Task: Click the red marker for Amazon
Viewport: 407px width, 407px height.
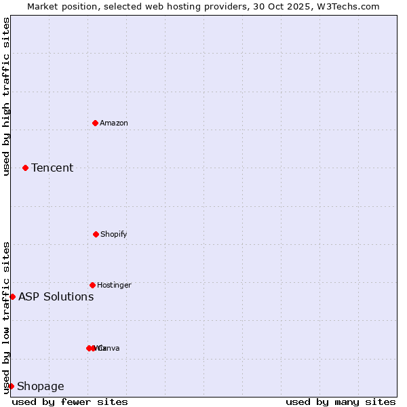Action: pos(95,123)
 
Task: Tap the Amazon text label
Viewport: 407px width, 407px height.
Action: pos(114,123)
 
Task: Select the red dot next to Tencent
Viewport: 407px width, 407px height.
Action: pos(25,168)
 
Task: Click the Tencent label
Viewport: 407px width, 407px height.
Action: pos(52,168)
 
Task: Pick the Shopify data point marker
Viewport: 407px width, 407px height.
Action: pos(96,234)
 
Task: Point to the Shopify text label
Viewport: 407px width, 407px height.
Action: pos(114,234)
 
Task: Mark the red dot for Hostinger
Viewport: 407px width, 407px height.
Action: pos(92,285)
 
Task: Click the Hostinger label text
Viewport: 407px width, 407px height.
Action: pos(114,285)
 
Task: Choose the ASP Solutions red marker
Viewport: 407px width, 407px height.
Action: pos(12,296)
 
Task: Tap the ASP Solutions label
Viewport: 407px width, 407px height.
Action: pos(56,296)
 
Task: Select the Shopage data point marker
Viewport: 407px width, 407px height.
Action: pos(11,386)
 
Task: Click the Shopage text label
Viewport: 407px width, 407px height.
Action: pos(41,386)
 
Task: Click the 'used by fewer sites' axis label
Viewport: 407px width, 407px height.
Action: pos(70,402)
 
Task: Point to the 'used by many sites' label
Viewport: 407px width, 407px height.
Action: pos(341,402)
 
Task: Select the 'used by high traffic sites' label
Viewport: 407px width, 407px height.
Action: pos(6,96)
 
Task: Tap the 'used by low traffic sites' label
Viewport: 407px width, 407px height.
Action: pos(6,317)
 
